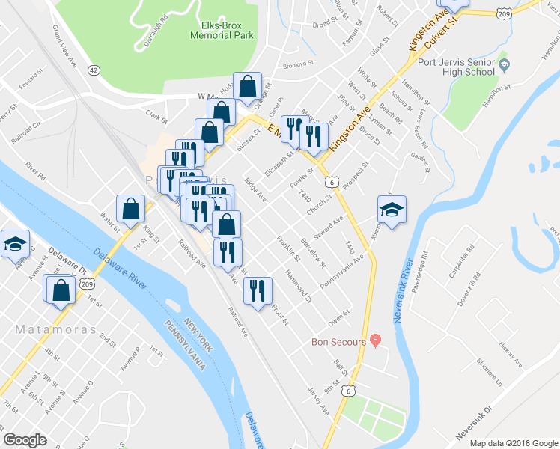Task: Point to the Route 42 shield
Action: (x=93, y=70)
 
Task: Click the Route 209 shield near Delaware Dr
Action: (x=88, y=284)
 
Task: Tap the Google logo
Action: (x=25, y=440)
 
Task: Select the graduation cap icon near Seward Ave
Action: (x=392, y=210)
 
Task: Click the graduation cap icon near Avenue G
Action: (x=15, y=245)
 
